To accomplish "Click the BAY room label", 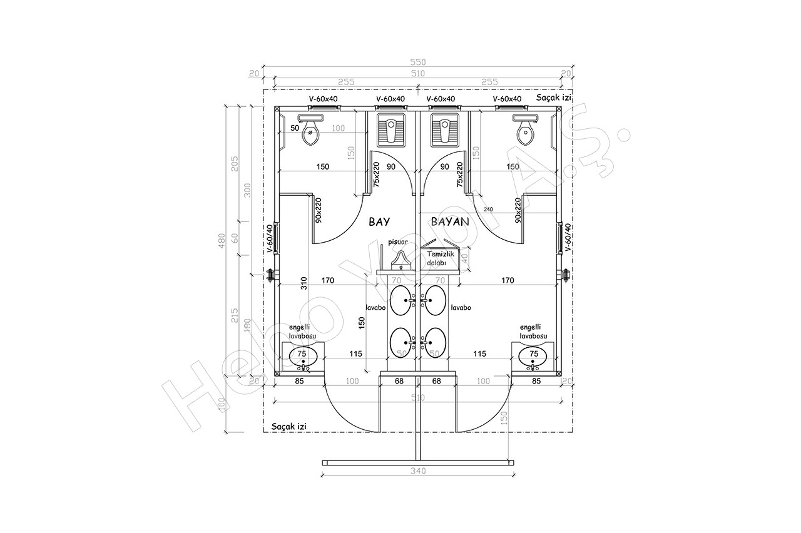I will [380, 221].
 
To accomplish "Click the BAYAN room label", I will [449, 221].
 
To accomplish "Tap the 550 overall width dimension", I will [417, 62].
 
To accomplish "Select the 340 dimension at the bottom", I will [417, 471].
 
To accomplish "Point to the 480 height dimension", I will [222, 241].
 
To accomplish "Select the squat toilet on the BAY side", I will [391, 130].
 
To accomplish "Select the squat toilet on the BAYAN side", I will [443, 130].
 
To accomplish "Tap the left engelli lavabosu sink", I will [304, 357].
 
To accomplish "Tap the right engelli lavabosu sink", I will [533, 357].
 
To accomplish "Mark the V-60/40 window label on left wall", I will [270, 238].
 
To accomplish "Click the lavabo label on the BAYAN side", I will [460, 308].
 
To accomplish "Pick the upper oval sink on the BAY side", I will [402, 300].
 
